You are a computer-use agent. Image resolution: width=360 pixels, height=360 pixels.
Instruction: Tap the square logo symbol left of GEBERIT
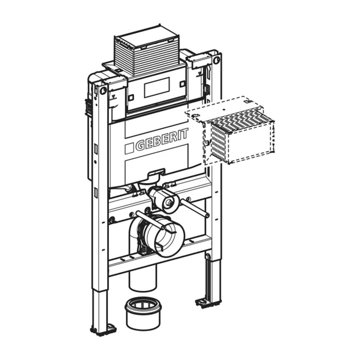pos(129,148)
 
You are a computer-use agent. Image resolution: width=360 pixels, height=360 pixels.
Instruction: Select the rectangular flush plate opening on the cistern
pos(157,87)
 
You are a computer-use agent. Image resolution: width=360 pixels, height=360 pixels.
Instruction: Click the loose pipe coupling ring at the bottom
pos(144,314)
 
